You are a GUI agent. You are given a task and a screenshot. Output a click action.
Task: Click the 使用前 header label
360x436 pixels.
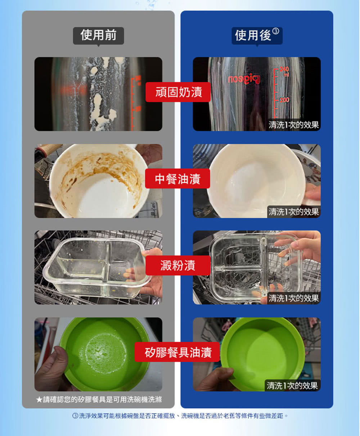coord(98,35)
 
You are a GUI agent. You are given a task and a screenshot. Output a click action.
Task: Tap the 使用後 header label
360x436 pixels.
coord(257,35)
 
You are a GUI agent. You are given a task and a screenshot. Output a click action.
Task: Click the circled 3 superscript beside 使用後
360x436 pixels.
coord(276,31)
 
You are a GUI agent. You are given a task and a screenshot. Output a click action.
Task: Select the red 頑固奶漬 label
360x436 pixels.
coord(178,92)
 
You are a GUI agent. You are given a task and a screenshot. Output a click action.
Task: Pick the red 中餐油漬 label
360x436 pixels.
coord(177,179)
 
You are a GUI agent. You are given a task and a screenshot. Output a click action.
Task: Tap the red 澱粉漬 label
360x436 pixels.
coord(178,265)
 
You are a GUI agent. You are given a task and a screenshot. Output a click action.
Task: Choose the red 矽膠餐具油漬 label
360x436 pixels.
coord(177,352)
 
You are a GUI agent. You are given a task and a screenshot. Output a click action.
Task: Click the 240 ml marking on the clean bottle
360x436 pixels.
coord(284,71)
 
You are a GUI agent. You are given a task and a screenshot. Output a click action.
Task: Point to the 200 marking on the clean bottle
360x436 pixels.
coord(284,100)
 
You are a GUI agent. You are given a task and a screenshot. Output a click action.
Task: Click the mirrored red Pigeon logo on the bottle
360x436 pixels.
coord(244,79)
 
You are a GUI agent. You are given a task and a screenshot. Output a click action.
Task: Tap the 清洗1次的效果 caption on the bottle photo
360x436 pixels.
coord(293,125)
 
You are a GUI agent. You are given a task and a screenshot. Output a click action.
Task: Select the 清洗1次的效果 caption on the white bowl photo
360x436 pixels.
coord(293,212)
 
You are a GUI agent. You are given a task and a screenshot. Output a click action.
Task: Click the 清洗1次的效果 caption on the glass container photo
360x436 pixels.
coord(293,298)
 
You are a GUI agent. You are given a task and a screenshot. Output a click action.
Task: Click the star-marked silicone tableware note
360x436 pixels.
coord(99,399)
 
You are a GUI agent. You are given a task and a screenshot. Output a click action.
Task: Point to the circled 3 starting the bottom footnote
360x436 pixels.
coord(75,416)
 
